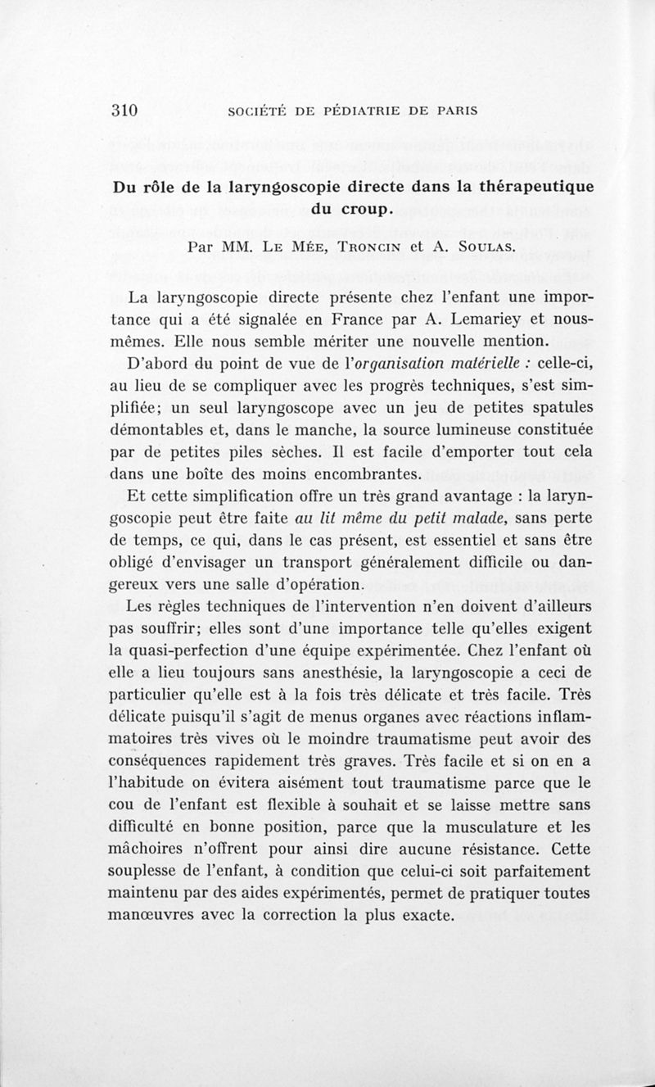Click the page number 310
click(127, 111)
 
